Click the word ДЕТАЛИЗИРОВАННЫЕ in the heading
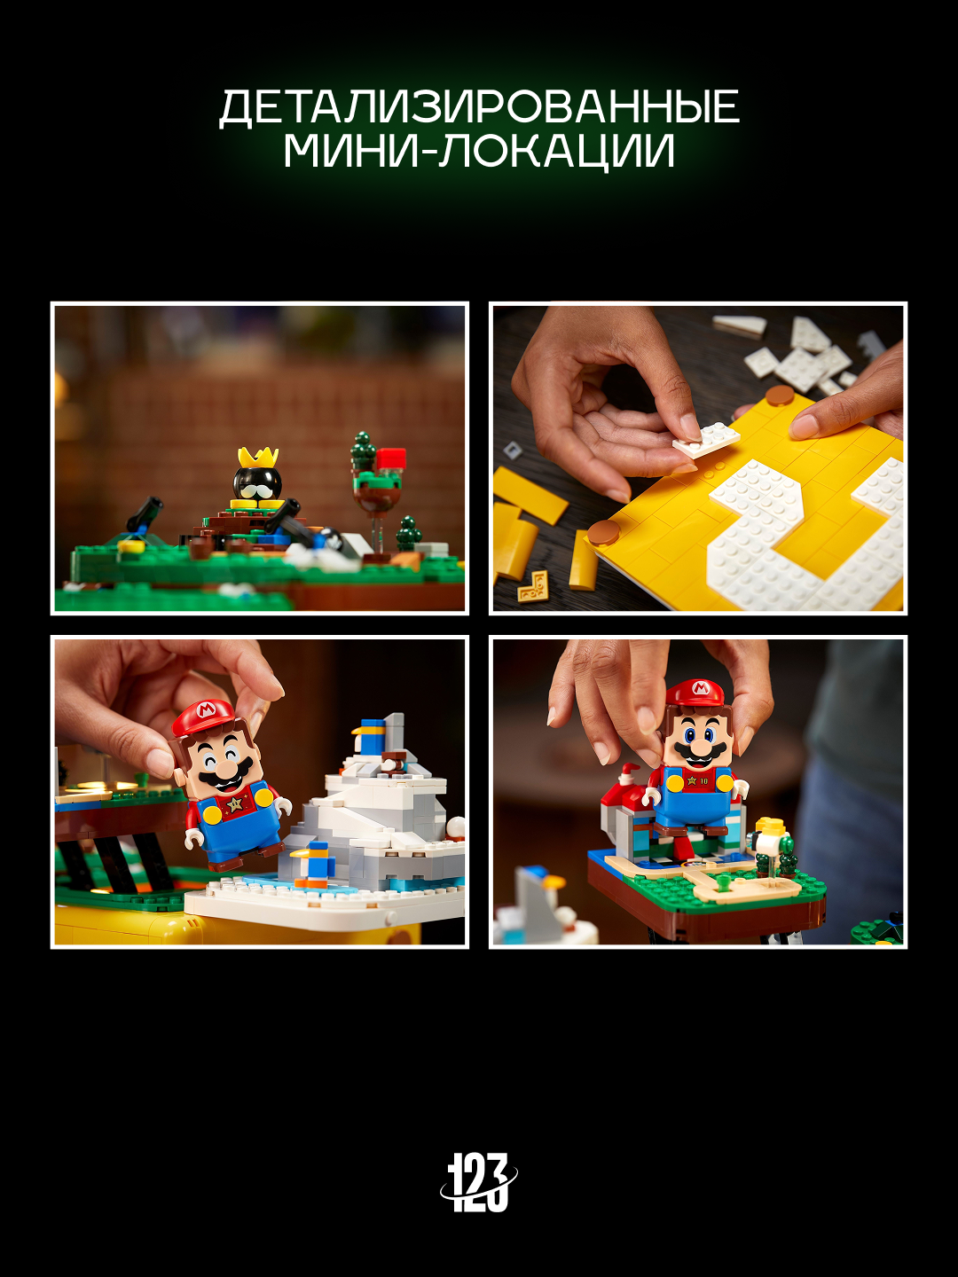click(x=479, y=108)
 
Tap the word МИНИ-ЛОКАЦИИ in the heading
click(x=479, y=151)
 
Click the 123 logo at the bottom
click(x=478, y=1182)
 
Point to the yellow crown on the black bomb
click(x=257, y=458)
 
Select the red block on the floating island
click(x=390, y=458)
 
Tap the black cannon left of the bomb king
click(x=144, y=513)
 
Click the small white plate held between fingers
click(x=705, y=440)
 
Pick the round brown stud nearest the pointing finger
click(x=780, y=396)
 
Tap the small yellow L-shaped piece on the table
click(x=533, y=586)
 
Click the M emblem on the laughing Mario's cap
click(x=207, y=710)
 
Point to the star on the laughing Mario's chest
click(x=236, y=805)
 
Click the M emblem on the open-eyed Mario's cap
click(x=700, y=688)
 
